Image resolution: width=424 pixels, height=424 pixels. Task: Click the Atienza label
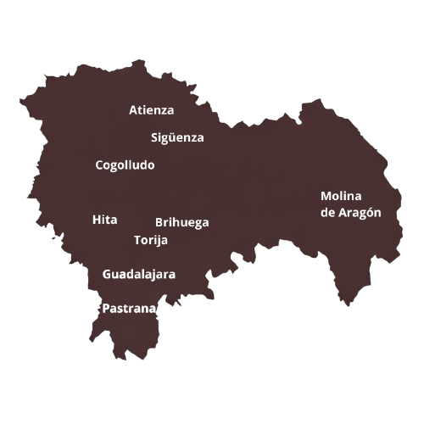point(151,110)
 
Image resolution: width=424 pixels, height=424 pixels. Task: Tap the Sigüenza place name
point(177,137)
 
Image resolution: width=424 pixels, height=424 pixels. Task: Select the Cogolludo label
point(125,165)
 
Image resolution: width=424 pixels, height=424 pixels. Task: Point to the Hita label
point(104,220)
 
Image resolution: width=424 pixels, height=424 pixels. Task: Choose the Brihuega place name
point(181,223)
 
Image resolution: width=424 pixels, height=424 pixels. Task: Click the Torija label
point(151,240)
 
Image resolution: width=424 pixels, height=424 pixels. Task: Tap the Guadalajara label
point(139,275)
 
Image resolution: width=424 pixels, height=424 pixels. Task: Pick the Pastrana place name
point(129,310)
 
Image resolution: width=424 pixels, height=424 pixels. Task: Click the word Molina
point(341,196)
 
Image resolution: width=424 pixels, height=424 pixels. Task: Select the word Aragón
point(360,213)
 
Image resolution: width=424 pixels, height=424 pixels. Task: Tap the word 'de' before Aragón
point(327,213)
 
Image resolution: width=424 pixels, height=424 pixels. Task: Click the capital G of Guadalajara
point(107,275)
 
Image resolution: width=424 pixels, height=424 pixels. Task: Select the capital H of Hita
point(96,220)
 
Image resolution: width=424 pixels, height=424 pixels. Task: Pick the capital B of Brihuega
point(159,223)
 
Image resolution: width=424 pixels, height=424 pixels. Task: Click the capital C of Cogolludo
point(99,165)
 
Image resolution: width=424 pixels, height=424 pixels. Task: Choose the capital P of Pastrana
point(105,310)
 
